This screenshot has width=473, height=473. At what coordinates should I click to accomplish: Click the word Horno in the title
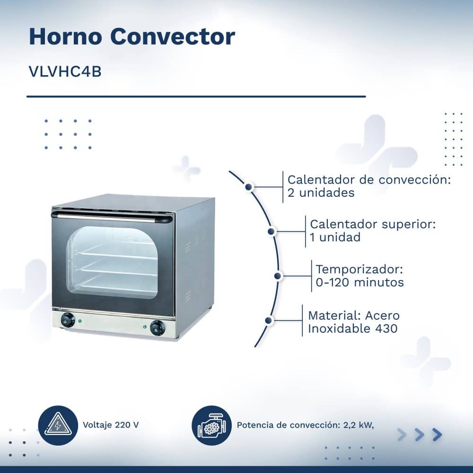point(65,36)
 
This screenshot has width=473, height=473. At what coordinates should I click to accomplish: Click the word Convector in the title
point(173,36)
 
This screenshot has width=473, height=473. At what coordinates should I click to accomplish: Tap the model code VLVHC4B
point(65,71)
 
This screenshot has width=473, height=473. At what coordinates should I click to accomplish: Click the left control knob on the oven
point(68,320)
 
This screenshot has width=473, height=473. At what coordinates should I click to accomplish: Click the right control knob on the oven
point(158,328)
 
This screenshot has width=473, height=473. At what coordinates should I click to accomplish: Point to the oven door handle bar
point(112,218)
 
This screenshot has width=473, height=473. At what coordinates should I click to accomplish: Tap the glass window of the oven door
point(112,262)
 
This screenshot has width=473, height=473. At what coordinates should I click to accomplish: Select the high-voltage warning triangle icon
point(58,425)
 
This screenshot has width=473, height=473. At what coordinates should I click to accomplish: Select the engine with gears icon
point(212,425)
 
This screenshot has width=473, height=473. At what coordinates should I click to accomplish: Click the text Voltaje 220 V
point(111,425)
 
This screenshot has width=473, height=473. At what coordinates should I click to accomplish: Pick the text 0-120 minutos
point(359,283)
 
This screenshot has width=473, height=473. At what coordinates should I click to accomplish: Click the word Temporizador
point(359,270)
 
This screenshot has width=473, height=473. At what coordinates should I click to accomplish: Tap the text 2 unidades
point(321,193)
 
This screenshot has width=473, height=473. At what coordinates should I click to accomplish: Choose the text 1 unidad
point(335,237)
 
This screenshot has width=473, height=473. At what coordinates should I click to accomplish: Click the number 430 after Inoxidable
point(386,329)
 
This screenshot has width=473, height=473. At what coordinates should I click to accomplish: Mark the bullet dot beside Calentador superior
point(271,231)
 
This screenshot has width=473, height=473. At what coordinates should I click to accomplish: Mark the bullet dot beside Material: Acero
point(269,320)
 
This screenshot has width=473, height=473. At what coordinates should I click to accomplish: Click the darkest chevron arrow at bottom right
point(437,435)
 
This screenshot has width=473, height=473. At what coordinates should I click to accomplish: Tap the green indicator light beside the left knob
point(79,321)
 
